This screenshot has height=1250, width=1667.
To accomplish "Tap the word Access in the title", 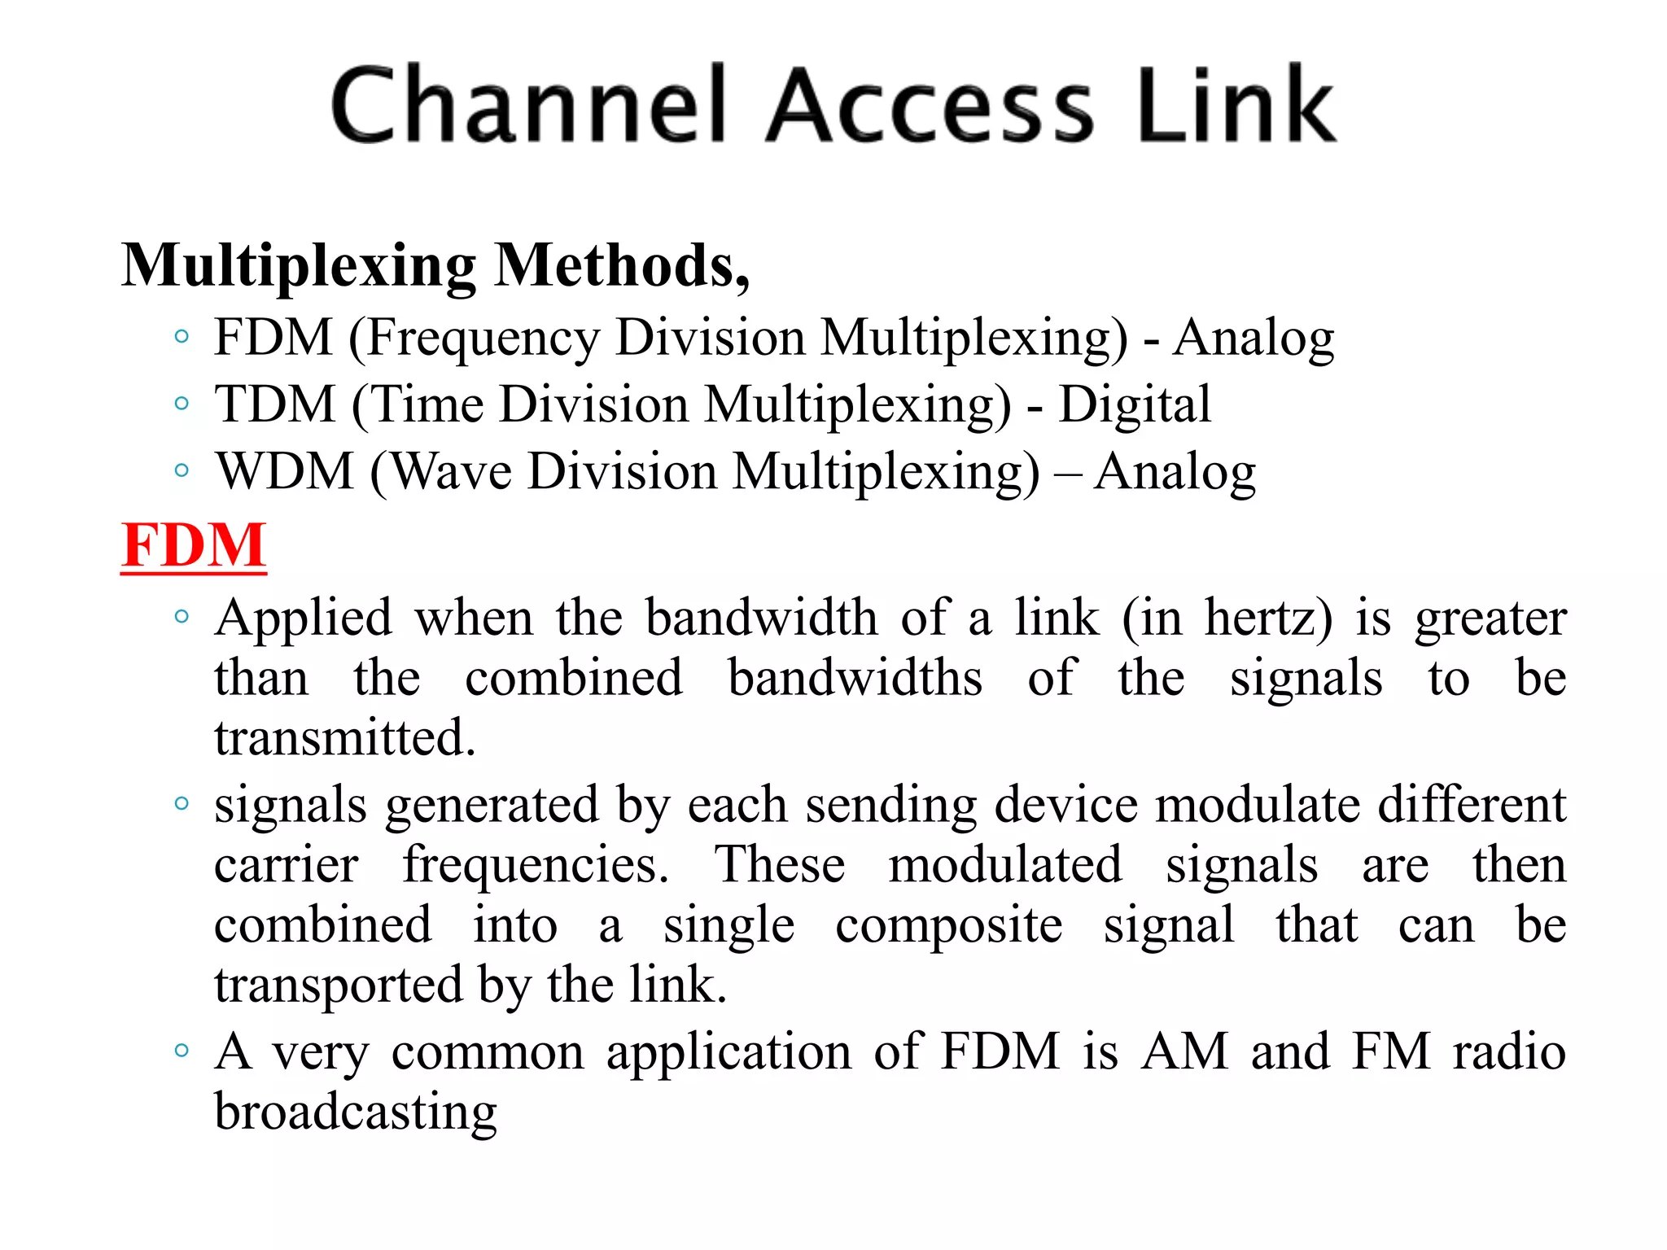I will coord(930,106).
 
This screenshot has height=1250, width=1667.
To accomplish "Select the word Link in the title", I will coord(1235,106).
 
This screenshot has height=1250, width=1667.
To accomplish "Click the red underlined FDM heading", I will coord(194,545).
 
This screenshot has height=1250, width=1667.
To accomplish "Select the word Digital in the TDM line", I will coord(1134,404).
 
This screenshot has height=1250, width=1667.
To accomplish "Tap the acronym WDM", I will coord(285,472).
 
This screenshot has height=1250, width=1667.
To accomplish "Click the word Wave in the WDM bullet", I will coord(452,472).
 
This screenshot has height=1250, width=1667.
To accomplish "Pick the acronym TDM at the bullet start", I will coord(275,404).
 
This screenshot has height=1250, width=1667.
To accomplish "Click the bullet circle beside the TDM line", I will coord(182,403).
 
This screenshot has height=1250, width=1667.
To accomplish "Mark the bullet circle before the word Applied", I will coord(182,616).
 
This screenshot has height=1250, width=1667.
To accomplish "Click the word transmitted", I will coord(344,738).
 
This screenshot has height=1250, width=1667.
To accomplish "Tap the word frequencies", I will coord(535,864).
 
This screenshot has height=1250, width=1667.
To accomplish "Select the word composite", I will coord(948,925).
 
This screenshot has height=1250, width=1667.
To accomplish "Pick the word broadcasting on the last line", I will coord(356,1112).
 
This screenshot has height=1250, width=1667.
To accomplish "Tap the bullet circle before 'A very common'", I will coord(182,1050).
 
